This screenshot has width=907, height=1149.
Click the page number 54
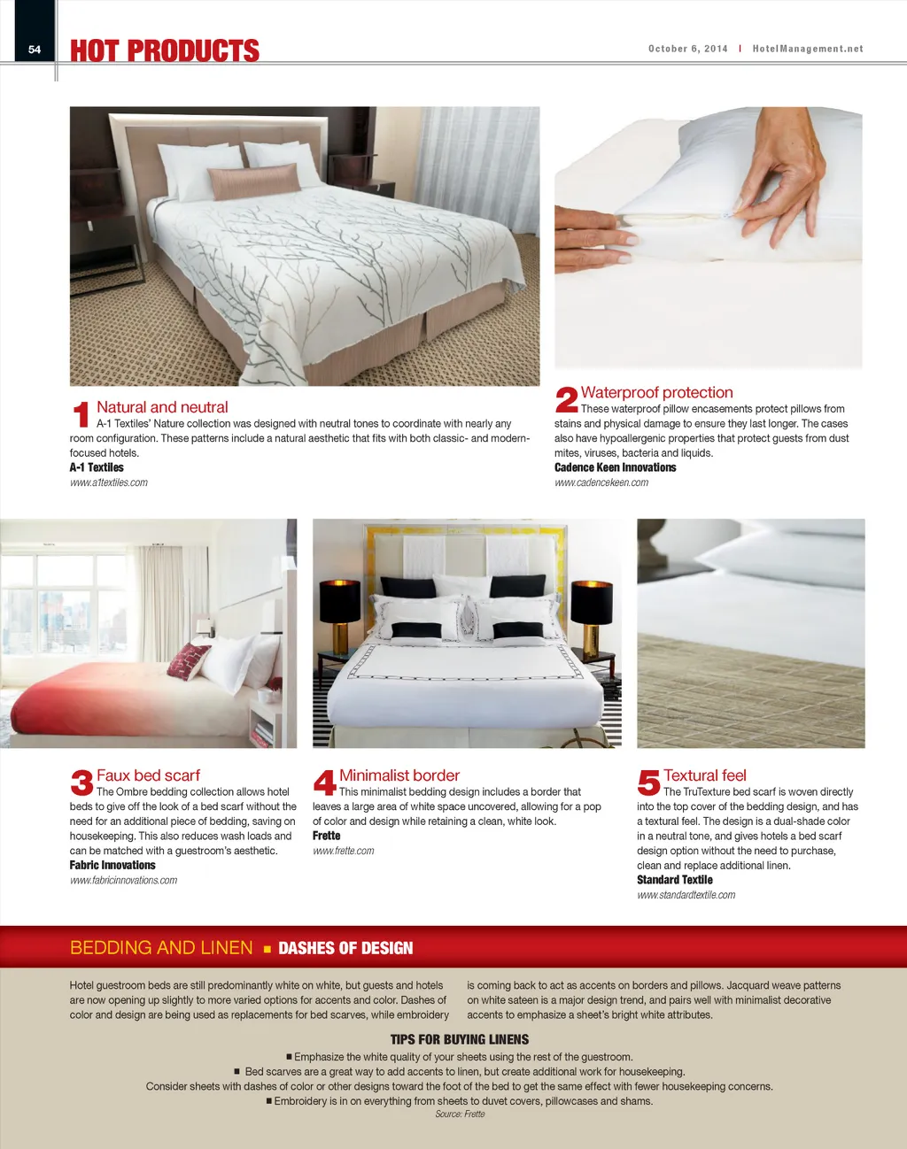(x=35, y=50)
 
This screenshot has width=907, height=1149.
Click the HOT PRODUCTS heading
(x=165, y=50)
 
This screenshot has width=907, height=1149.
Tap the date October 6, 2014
(x=687, y=49)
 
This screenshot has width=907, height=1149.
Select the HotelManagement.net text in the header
(x=807, y=49)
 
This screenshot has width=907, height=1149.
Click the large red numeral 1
(x=81, y=414)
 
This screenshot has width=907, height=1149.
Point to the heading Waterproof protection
(x=656, y=392)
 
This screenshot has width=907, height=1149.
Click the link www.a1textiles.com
(x=109, y=482)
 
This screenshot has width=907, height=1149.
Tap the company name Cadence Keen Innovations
(x=615, y=467)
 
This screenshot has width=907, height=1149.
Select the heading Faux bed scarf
(x=148, y=775)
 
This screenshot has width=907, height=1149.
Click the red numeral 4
(x=324, y=783)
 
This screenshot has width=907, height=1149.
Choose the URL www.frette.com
(x=343, y=851)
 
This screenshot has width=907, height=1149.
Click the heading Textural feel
(x=704, y=775)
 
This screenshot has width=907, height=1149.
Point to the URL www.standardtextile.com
(x=686, y=895)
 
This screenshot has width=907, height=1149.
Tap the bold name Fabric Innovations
(x=112, y=865)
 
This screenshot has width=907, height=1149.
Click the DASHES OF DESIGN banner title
(x=345, y=948)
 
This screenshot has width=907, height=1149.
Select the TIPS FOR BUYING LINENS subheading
(x=459, y=1039)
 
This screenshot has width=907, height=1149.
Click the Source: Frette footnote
(x=460, y=1114)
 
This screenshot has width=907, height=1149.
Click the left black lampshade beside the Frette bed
(x=340, y=602)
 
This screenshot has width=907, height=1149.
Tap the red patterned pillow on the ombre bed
(x=189, y=659)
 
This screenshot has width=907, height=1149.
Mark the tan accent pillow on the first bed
(x=252, y=181)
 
